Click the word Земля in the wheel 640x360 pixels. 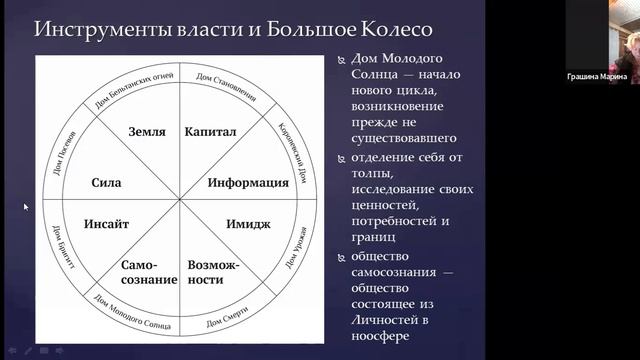(x=146, y=130)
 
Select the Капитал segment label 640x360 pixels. (x=210, y=130)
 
